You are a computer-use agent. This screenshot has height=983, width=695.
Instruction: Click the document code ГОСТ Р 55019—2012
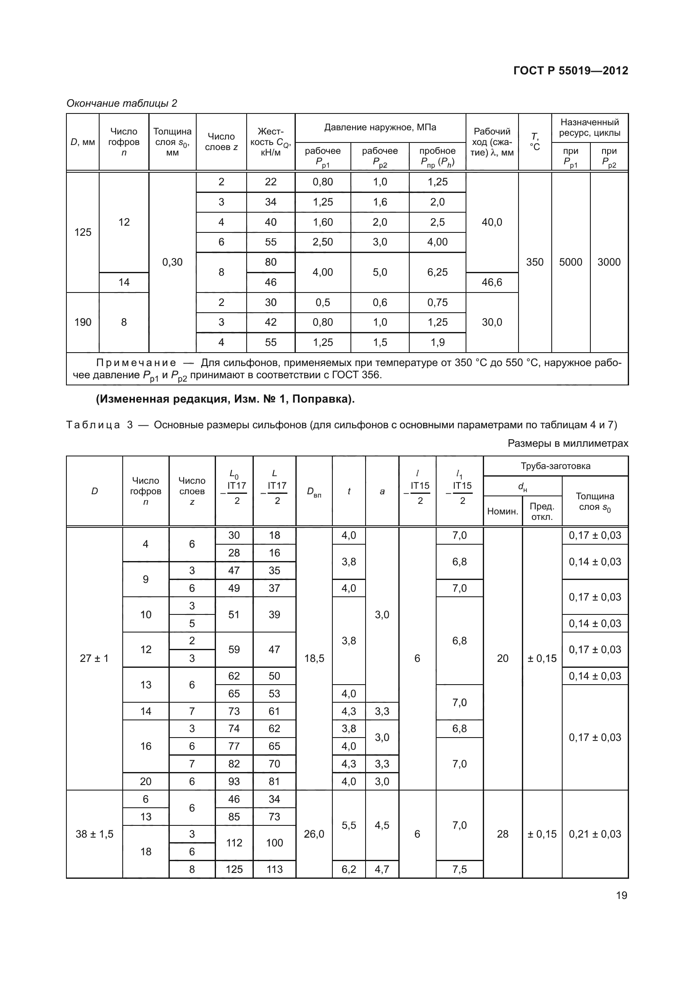pos(571,71)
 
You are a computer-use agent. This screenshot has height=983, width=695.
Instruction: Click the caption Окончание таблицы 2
pos(121,103)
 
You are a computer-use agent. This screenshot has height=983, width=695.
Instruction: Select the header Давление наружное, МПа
pos(380,127)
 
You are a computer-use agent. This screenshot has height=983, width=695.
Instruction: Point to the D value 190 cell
pos(83,322)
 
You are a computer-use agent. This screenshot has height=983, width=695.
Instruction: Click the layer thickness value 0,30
pos(172,262)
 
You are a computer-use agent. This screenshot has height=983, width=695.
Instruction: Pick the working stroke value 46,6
pos(492,282)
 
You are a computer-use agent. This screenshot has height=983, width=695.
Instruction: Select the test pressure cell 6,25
pos(437,272)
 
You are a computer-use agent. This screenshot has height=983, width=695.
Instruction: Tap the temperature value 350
pos(534,262)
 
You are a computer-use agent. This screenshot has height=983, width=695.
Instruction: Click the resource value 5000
pos(571,262)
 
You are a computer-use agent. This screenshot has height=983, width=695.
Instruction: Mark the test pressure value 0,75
pos(437,302)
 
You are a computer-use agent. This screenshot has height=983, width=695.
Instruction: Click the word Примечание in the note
pos(136,363)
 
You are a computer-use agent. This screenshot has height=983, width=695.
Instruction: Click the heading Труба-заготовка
pos(555,466)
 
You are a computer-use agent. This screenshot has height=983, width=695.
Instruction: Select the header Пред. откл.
pos(542,511)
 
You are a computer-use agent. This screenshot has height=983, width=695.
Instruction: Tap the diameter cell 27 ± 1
pos(94,658)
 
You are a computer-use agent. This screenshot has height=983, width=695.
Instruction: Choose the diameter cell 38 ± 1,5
pos(94,833)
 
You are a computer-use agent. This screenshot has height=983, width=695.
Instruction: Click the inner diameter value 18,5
pos(314,658)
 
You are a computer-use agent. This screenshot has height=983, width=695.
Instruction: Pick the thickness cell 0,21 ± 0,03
pos(595,833)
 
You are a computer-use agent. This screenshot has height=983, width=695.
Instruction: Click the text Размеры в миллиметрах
pos(568,443)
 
